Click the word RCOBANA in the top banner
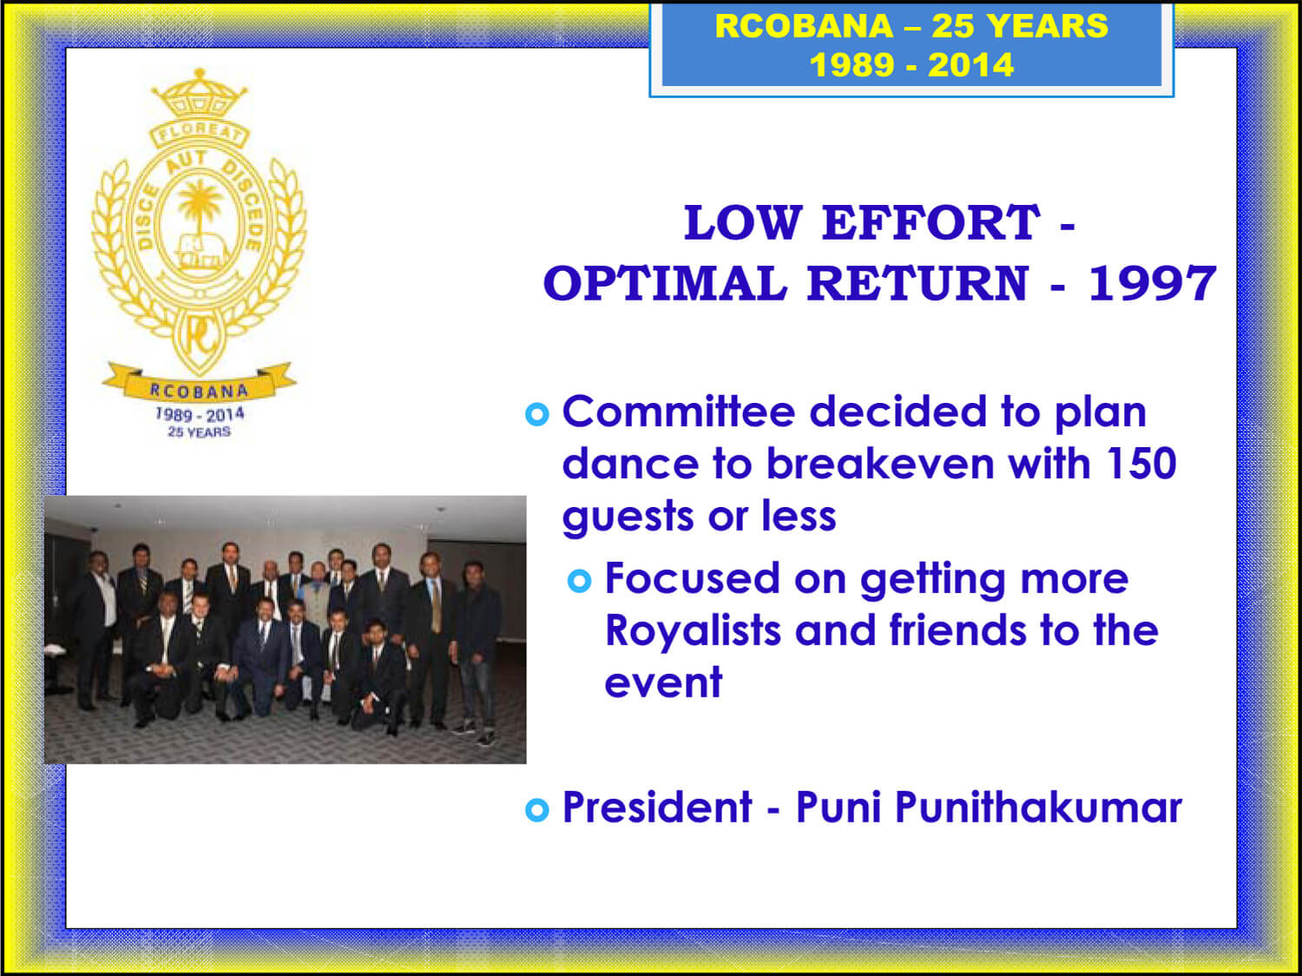[x=804, y=26]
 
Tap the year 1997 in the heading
[x=1152, y=283]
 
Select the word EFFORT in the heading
[x=930, y=222]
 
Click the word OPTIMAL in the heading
[x=665, y=283]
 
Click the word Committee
[x=679, y=412]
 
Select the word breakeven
[x=880, y=463]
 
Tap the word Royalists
[x=693, y=630]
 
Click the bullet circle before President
[x=537, y=810]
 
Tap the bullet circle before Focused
[x=580, y=581]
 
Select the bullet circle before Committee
[x=537, y=414]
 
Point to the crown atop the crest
[x=200, y=94]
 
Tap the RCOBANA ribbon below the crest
[x=199, y=385]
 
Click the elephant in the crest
[x=201, y=252]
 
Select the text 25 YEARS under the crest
[x=200, y=432]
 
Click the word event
[x=663, y=683]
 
